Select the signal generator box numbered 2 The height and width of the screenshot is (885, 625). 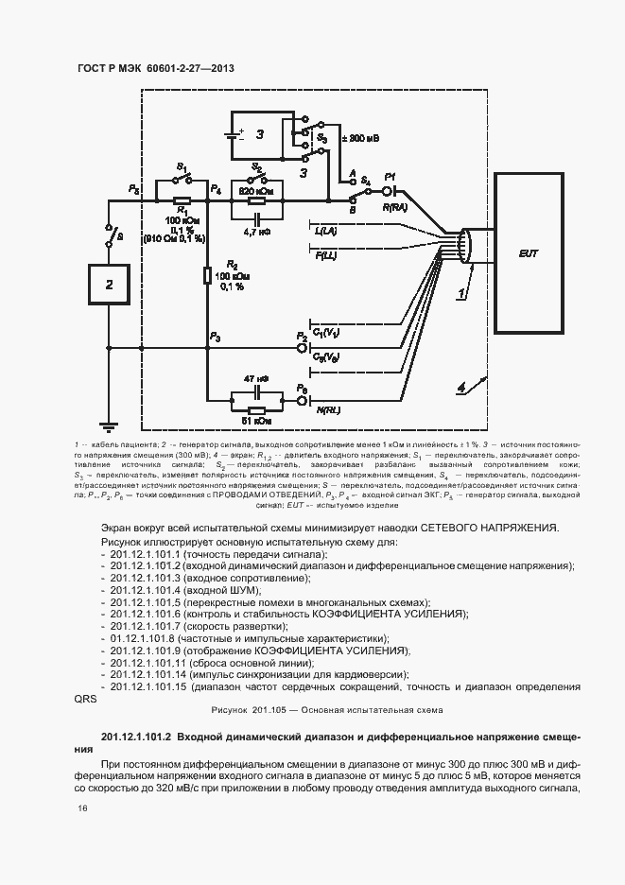point(109,284)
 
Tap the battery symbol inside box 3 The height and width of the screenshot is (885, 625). point(234,133)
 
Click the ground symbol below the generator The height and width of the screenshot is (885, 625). point(109,426)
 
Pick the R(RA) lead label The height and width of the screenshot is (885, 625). point(394,206)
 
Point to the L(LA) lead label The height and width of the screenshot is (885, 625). point(324,230)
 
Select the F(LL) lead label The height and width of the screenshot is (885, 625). point(324,255)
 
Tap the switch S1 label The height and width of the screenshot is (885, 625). point(182,167)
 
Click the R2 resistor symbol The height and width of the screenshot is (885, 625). point(207,276)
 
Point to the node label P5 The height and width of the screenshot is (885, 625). point(134,191)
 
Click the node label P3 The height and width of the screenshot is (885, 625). point(216,338)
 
